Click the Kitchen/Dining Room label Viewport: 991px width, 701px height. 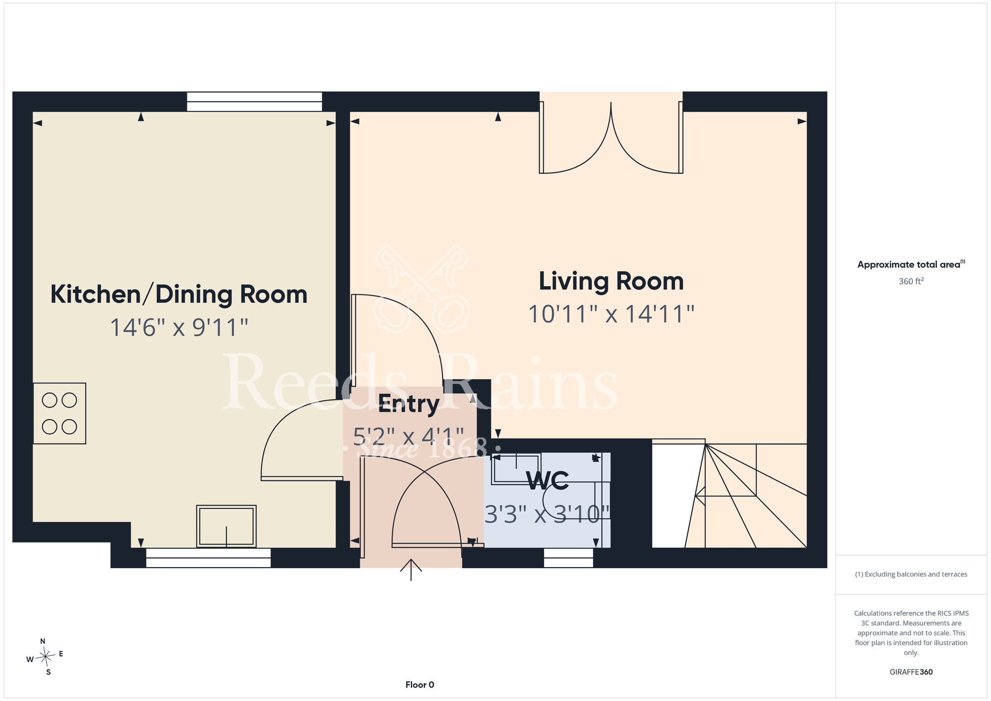coord(179,294)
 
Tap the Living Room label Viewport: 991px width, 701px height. coord(611,281)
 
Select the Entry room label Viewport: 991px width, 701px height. coord(409,405)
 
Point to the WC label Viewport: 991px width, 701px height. coord(548,480)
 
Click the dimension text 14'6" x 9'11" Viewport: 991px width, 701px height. coord(179,328)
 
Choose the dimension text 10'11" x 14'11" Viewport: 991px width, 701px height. coord(611,314)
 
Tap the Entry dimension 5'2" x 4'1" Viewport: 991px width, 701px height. coord(409,437)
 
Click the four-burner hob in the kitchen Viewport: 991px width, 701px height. coord(59,413)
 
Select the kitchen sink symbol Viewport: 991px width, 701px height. coord(226,526)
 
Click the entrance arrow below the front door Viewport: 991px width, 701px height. coord(411,570)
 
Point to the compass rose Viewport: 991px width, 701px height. coord(45,657)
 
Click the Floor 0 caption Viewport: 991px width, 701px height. coord(420,685)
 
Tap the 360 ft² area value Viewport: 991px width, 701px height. coord(911,281)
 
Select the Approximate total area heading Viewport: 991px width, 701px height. coord(911,264)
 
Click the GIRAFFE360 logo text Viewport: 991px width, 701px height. coord(911,672)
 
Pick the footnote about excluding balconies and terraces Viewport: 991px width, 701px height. coord(911,574)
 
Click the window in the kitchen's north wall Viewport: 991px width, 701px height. coord(254,102)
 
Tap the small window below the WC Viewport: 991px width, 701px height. coord(568,558)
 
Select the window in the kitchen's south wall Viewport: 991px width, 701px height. coord(208,558)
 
